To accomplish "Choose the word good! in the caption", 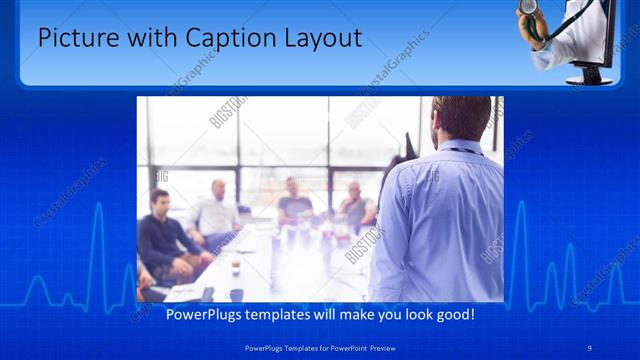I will coord(455,314).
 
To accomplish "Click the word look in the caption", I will coord(415,314).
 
